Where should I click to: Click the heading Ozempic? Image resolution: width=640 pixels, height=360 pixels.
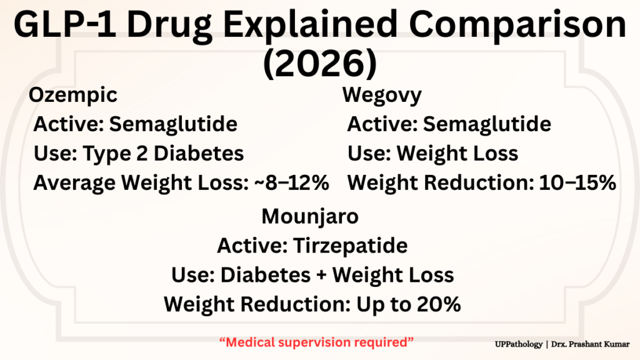pos(73,96)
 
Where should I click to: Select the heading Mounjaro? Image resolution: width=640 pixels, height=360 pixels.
pos(310,217)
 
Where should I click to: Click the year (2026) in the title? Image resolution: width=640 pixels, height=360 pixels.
pos(320,63)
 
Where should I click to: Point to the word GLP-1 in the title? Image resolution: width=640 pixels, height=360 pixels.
pos(64,24)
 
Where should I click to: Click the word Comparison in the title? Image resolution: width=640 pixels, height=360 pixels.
pos(517,25)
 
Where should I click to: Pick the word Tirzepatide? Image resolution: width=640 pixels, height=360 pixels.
pos(350,246)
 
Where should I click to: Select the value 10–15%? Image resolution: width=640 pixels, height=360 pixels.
pos(577,182)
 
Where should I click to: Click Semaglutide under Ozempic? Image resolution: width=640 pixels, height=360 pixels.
pos(173,124)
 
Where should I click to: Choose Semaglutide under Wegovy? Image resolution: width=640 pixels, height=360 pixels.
pos(487,124)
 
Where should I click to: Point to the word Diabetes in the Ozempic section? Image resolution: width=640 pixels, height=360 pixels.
pos(199,154)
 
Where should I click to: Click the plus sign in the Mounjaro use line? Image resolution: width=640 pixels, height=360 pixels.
pos(321,275)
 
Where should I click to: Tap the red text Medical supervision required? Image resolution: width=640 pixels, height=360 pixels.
pos(317,342)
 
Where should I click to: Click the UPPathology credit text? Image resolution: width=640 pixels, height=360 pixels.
pos(519,344)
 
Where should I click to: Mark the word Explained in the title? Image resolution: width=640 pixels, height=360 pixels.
pos(310,25)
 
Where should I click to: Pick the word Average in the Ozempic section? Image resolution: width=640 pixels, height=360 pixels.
pos(74,183)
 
